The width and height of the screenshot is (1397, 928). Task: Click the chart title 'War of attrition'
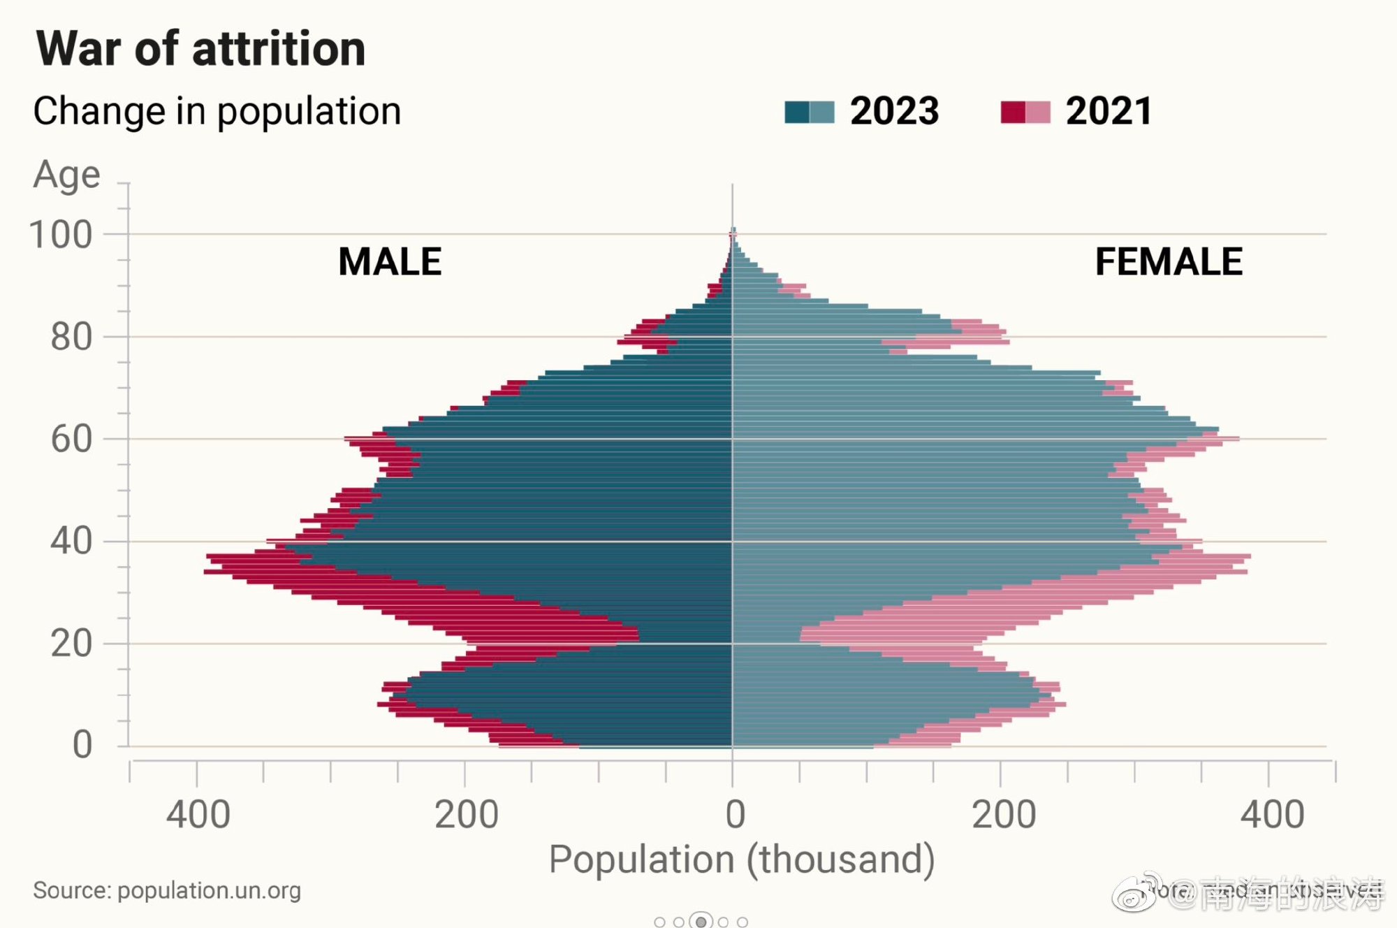tap(200, 49)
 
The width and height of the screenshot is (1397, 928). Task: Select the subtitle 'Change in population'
tap(217, 112)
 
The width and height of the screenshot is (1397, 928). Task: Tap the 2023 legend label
tap(894, 111)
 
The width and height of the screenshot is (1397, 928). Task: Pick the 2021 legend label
tap(1109, 111)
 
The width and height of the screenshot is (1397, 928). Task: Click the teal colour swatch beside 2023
tap(809, 112)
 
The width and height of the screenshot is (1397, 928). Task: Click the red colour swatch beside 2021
tap(1025, 112)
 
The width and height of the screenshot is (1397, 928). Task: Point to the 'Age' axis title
tap(66, 175)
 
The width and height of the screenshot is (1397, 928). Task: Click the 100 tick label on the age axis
tap(61, 235)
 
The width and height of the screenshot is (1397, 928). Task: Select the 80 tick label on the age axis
tap(71, 338)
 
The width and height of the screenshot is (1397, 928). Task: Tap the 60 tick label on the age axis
tap(71, 440)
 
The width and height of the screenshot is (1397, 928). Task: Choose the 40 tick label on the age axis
tap(71, 542)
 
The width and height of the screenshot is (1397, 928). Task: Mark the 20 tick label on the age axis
tap(71, 644)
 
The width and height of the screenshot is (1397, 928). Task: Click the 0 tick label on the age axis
tap(82, 745)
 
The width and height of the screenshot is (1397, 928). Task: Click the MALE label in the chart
tap(390, 262)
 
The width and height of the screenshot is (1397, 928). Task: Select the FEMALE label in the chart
tap(1169, 262)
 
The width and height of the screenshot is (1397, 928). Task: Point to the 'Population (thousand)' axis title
tap(742, 860)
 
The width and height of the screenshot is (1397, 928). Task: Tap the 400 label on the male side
tap(198, 815)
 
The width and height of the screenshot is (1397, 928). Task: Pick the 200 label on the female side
tap(1004, 815)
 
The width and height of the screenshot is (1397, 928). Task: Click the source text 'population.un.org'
tap(209, 891)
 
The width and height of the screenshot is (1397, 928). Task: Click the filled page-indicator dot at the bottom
tap(701, 922)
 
